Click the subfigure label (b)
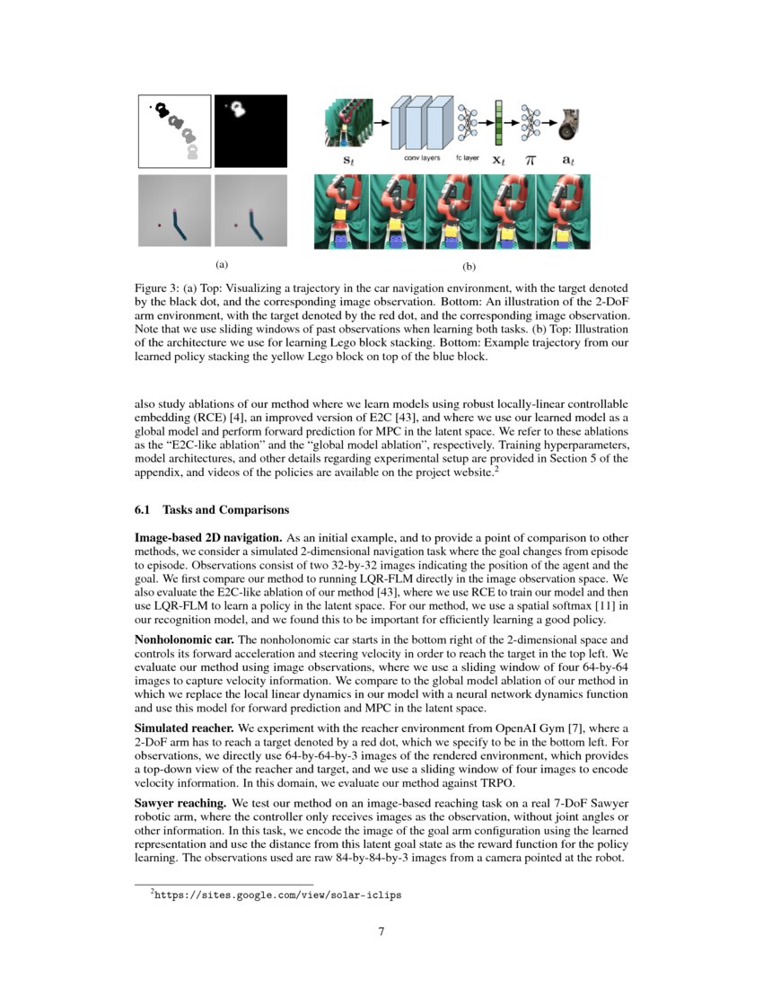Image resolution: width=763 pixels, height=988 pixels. (469, 267)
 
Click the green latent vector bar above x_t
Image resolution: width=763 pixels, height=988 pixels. (498, 122)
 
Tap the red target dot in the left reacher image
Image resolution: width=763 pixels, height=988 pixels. (159, 225)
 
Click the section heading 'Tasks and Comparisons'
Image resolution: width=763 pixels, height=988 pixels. (225, 510)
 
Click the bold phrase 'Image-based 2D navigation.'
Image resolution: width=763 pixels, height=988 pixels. (206, 535)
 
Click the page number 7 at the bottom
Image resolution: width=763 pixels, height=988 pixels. (381, 931)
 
